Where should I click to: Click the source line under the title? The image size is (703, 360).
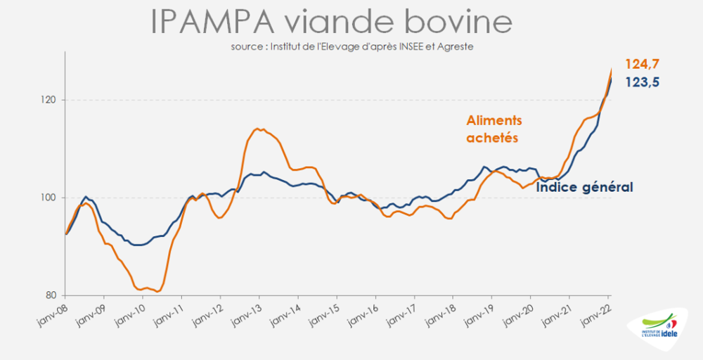(351, 46)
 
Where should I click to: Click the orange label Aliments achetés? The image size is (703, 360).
(495, 129)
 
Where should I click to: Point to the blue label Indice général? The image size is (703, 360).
(585, 188)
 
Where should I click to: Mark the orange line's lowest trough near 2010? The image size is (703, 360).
(159, 291)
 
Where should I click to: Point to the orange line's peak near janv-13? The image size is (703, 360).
(257, 129)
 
